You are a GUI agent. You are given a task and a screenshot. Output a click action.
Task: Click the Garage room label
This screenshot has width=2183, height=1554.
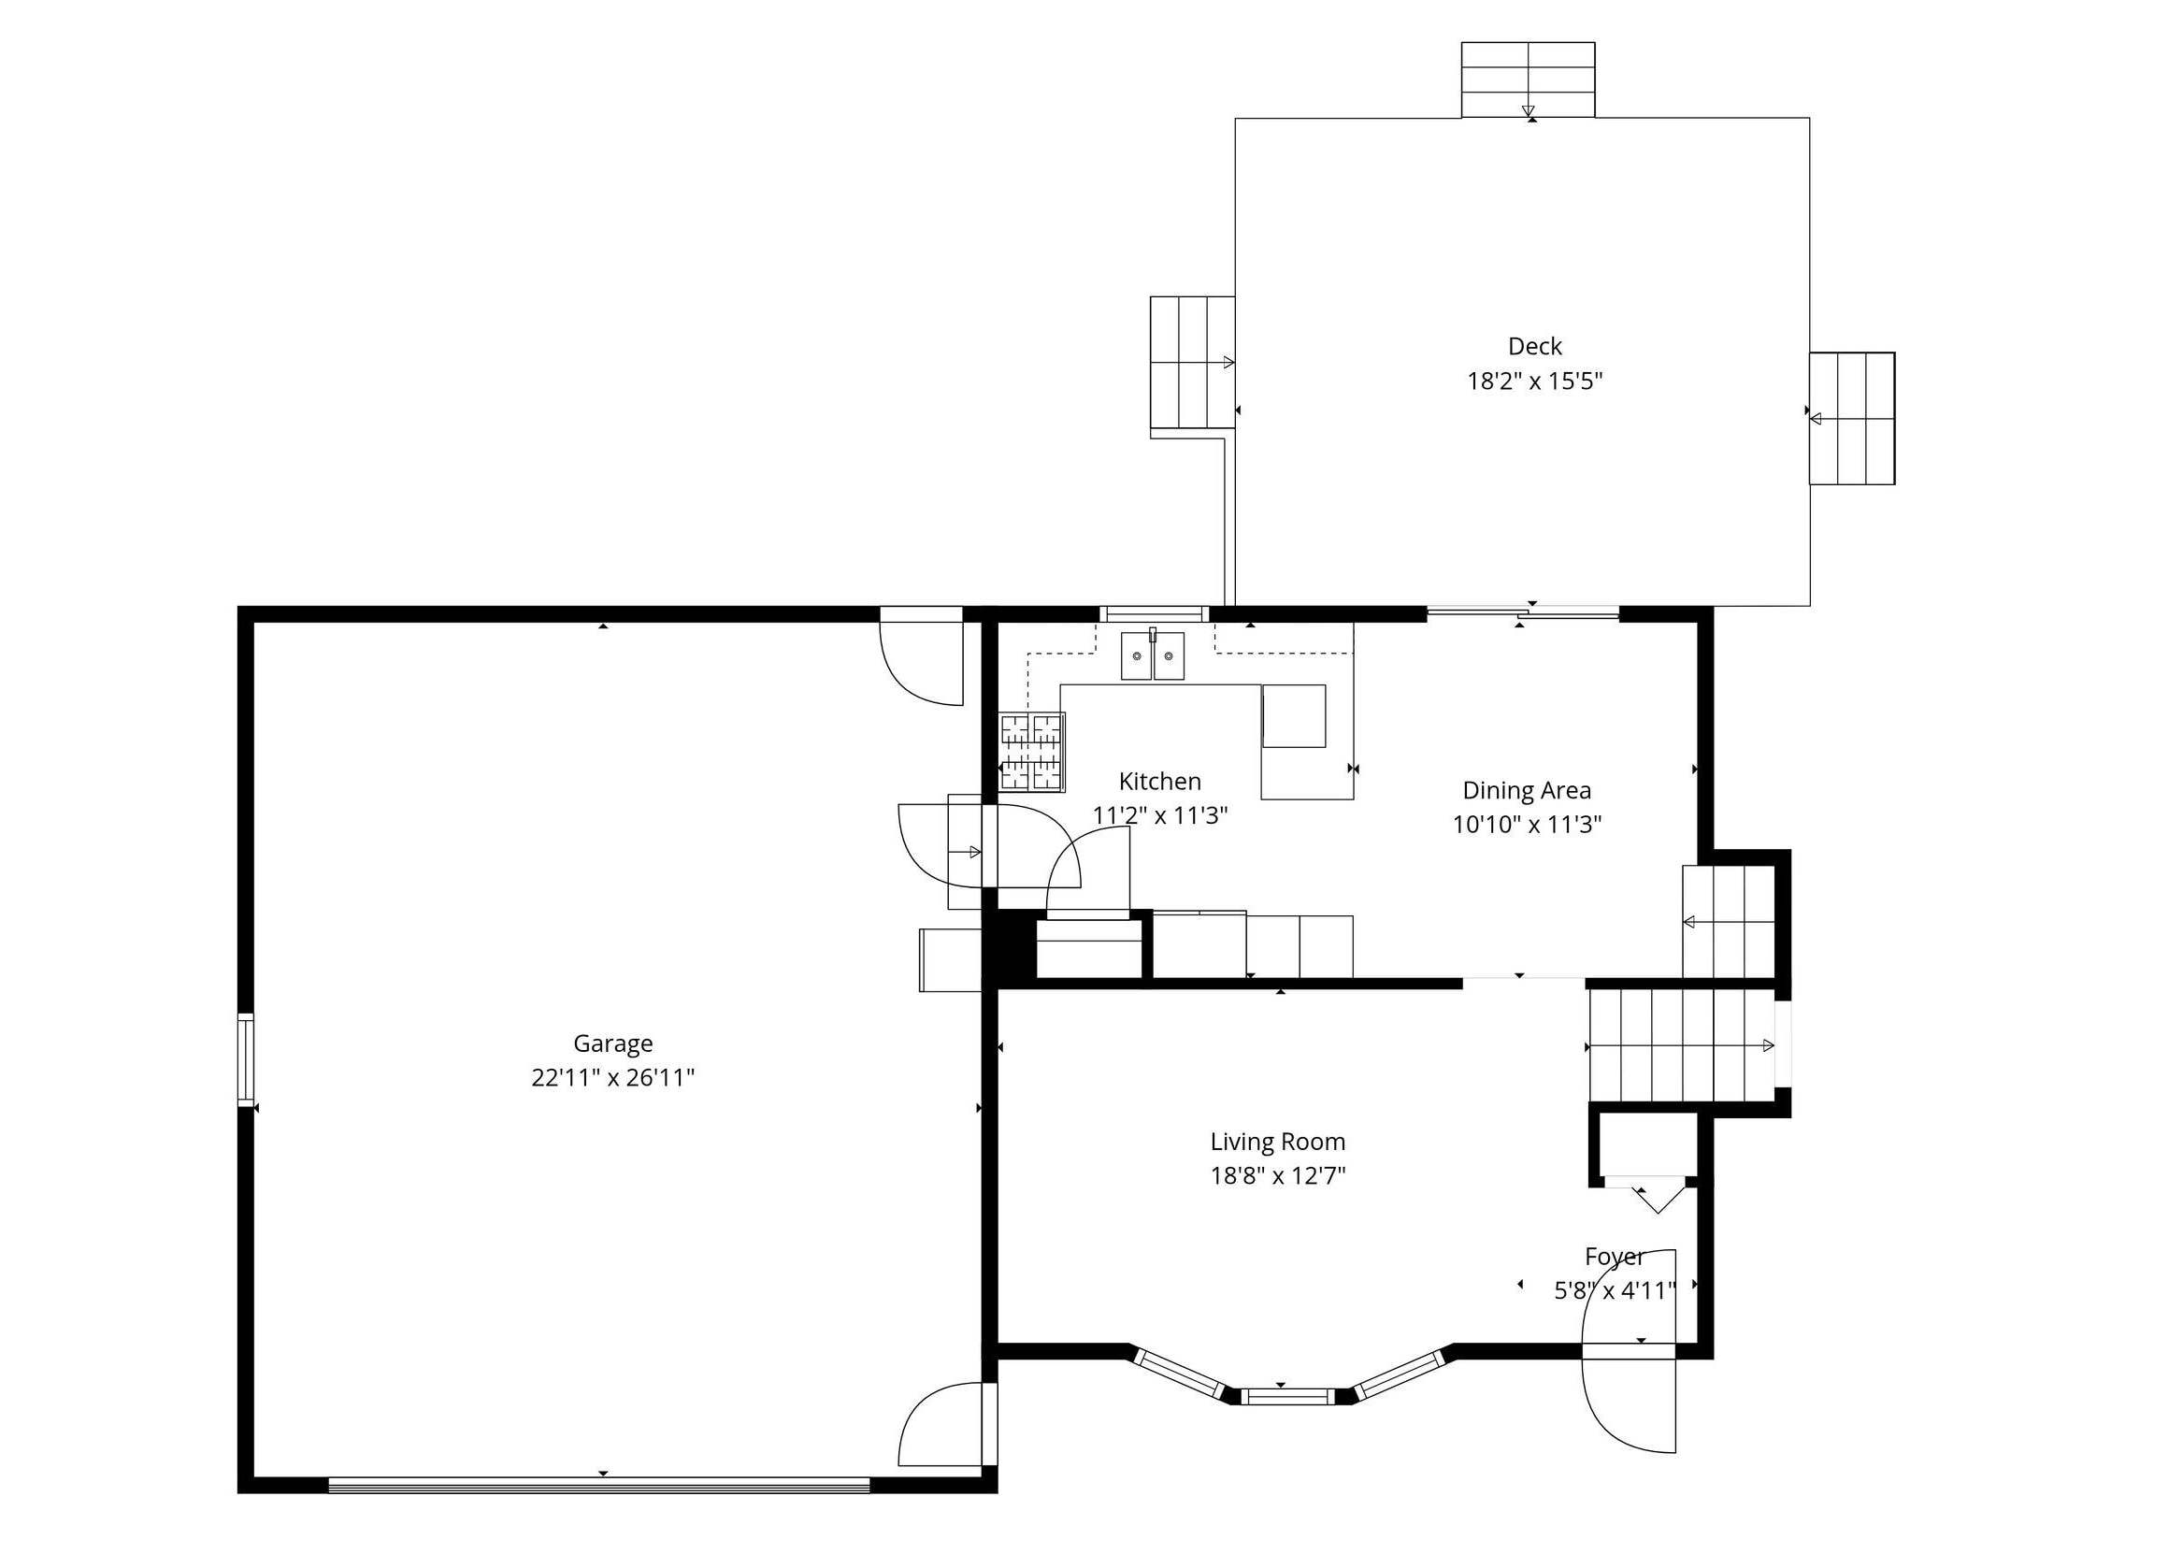pyautogui.click(x=612, y=1043)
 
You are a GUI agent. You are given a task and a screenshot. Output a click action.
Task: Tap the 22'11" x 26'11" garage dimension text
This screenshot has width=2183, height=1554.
pyautogui.click(x=612, y=1078)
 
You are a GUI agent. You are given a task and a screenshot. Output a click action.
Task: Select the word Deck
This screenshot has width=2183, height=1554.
pyautogui.click(x=1534, y=346)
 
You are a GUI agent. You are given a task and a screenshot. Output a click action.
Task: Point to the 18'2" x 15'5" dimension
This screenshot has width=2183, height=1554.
pyautogui.click(x=1534, y=381)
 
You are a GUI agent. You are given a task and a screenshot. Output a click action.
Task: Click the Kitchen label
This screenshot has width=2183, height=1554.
pyautogui.click(x=1159, y=782)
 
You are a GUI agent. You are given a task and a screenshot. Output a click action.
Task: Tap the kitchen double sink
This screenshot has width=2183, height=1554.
pyautogui.click(x=1153, y=655)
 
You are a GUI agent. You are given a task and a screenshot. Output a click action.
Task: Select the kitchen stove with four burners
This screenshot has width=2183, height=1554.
pyautogui.click(x=1032, y=752)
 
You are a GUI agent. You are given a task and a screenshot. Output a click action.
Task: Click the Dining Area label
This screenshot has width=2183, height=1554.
pyautogui.click(x=1527, y=791)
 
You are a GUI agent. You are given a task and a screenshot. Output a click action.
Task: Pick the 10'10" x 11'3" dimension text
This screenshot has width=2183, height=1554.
pyautogui.click(x=1527, y=825)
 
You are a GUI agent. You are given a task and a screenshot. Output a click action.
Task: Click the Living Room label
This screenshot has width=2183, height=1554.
pyautogui.click(x=1278, y=1142)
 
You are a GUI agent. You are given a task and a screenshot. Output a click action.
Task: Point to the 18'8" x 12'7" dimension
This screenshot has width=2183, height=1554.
pyautogui.click(x=1278, y=1176)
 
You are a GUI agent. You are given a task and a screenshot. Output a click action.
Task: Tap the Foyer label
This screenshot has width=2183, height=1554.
pyautogui.click(x=1615, y=1257)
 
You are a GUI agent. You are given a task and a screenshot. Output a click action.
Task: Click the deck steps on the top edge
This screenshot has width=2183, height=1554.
pyautogui.click(x=1528, y=80)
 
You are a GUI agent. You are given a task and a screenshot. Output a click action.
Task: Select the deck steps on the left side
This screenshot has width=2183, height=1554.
pyautogui.click(x=1192, y=363)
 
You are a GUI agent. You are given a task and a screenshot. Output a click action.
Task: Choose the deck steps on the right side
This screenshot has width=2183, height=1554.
pyautogui.click(x=1852, y=418)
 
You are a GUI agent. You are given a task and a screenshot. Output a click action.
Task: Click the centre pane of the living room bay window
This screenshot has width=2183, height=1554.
pyautogui.click(x=1290, y=1397)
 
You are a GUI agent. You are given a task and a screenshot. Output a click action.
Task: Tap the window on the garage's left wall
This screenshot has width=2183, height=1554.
pyautogui.click(x=246, y=1060)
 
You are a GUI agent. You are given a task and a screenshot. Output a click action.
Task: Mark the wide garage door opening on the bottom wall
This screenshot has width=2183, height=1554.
pyautogui.click(x=600, y=1485)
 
